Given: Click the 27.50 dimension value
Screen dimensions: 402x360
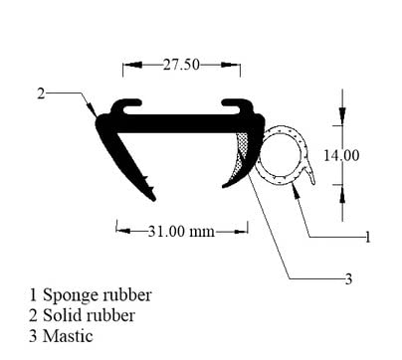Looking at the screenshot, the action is pyautogui.click(x=180, y=65).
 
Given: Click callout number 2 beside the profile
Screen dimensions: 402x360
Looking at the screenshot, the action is pyautogui.click(x=41, y=93).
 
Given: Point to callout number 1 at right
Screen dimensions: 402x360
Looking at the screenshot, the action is pyautogui.click(x=367, y=237).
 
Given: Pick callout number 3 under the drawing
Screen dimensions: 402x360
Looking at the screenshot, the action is pyautogui.click(x=348, y=279).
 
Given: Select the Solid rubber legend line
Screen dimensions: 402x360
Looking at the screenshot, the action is pyautogui.click(x=91, y=315).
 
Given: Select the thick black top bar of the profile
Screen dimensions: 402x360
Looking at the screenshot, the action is pyautogui.click(x=179, y=123).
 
